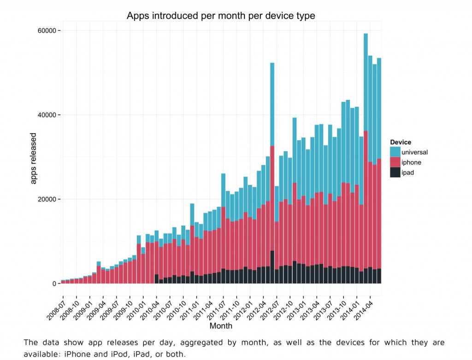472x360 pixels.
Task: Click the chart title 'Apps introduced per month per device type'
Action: pos(221,16)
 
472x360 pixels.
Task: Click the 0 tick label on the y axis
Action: pos(53,283)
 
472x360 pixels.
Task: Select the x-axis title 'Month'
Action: pos(221,326)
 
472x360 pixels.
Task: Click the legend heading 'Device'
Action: pos(400,142)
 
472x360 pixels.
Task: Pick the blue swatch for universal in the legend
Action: pos(395,152)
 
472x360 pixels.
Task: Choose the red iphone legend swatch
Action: pos(395,162)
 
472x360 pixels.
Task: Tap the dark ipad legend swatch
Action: pos(395,173)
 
